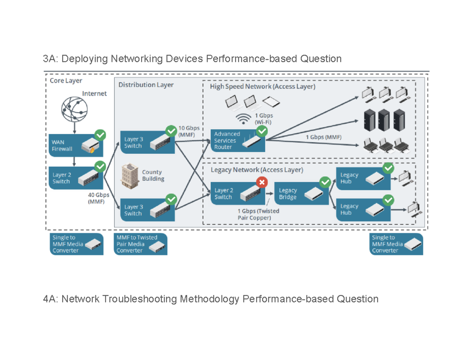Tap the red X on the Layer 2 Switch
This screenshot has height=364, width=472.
262,182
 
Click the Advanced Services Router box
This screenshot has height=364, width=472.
237,141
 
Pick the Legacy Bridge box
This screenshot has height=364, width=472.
301,194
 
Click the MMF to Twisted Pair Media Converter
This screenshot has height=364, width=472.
141,244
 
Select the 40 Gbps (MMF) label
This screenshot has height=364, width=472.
97,198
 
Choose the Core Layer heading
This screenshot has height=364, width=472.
66,80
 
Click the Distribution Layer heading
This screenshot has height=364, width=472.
146,85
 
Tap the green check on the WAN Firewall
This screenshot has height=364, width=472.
100,135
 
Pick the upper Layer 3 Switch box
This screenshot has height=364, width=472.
148,143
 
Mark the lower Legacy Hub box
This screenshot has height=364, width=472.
363,209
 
